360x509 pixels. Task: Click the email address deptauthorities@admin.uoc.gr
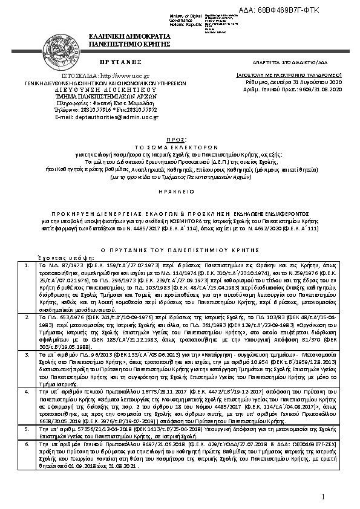point(106,116)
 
